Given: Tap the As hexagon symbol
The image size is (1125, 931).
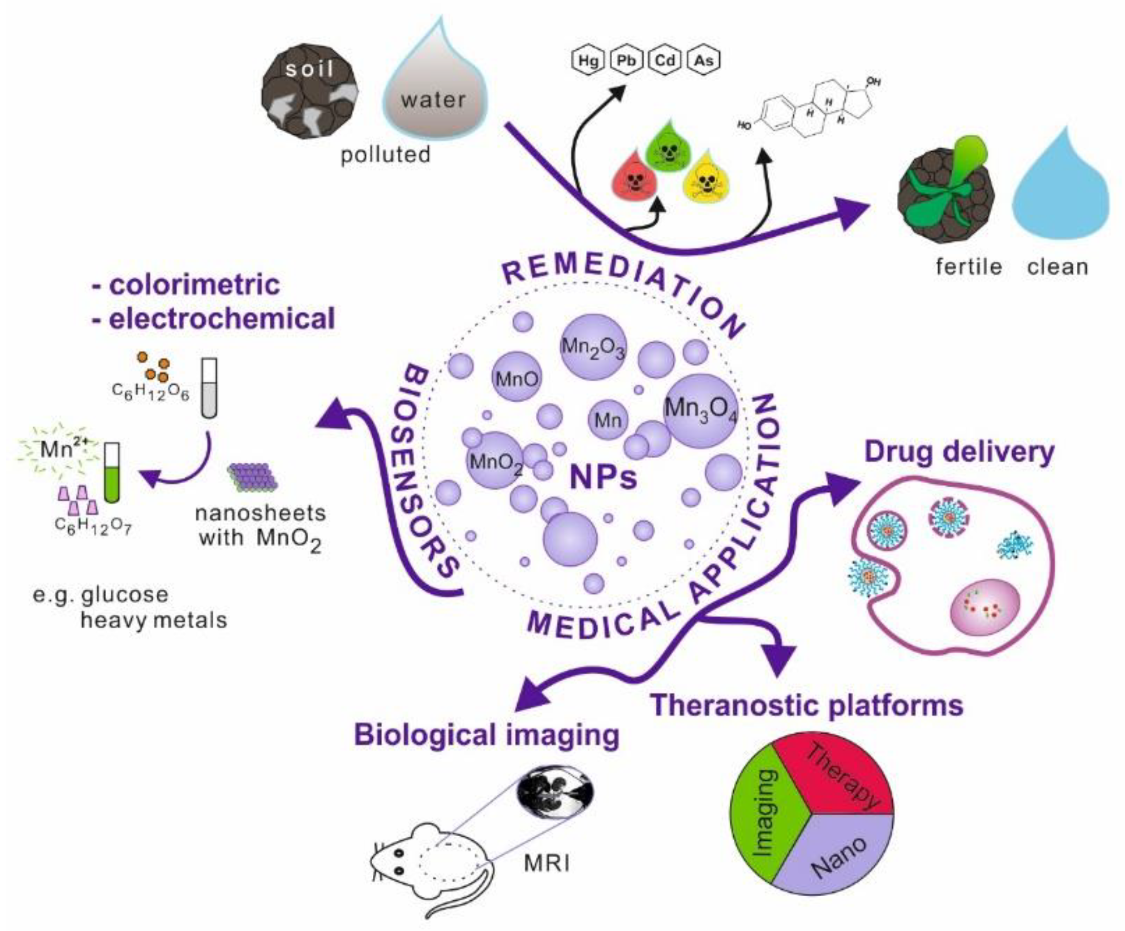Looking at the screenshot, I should coord(704,60).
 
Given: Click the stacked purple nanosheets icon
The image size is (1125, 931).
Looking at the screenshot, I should coord(252,477).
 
